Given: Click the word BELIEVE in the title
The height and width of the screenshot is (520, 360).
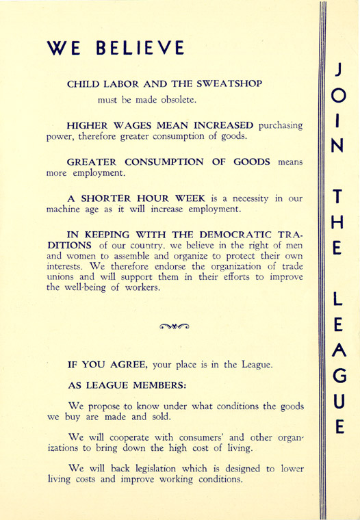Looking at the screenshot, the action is (140, 48).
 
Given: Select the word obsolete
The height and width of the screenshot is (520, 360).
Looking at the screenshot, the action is (176, 101).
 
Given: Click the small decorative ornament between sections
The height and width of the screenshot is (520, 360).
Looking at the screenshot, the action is (176, 326).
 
